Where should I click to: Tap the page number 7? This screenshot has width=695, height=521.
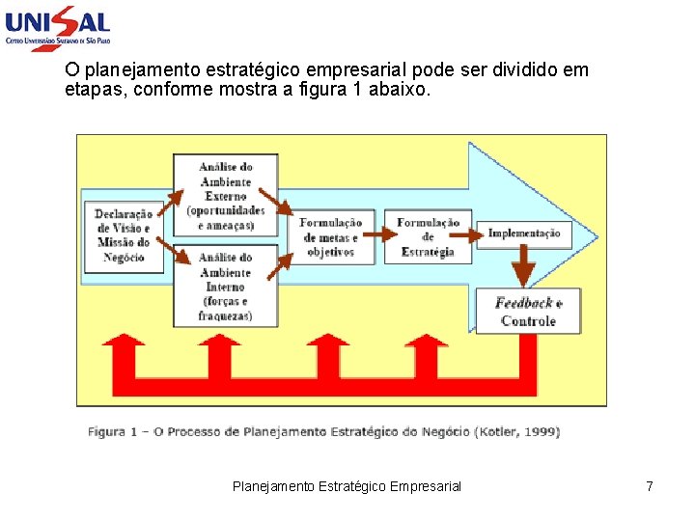(650, 486)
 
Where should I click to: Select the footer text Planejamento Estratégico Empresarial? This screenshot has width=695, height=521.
(347, 486)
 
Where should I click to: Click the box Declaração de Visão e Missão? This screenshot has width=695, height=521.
(124, 236)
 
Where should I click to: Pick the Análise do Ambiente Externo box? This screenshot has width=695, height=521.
(226, 196)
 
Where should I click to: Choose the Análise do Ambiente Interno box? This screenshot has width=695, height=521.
(226, 286)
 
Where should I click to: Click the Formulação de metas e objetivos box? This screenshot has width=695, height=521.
(330, 237)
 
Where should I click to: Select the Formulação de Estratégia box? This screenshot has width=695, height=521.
(428, 237)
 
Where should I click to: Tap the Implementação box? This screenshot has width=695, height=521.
(524, 233)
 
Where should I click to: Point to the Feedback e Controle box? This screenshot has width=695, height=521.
(527, 312)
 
